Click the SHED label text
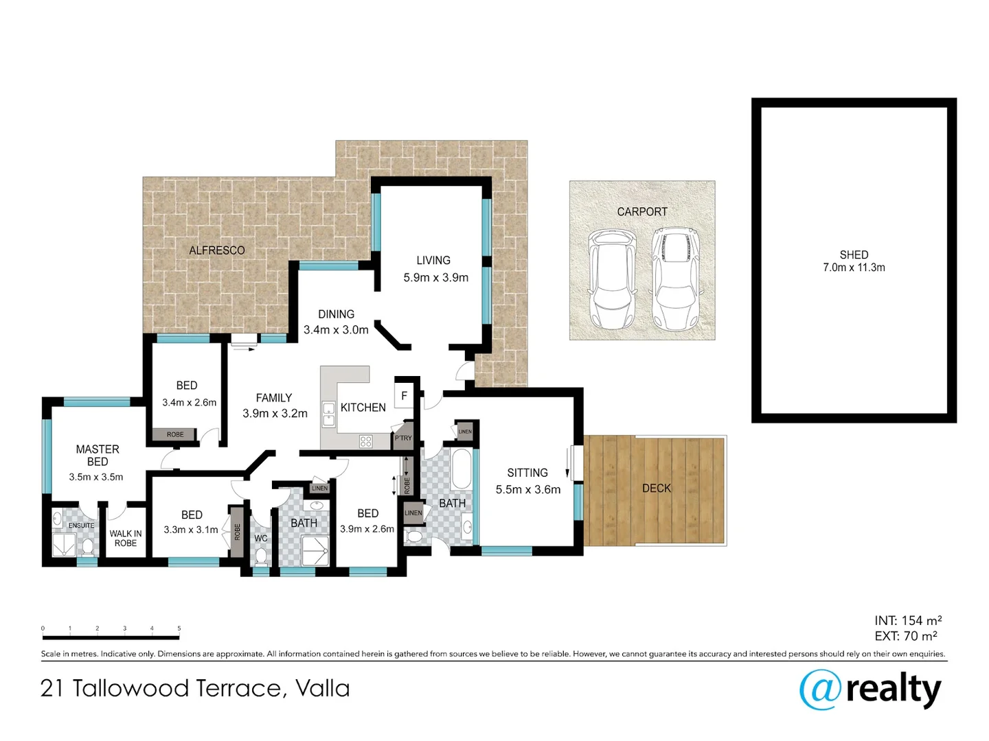854,255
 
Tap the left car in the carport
611,279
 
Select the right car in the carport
676,279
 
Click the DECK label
656,489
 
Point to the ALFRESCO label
217,250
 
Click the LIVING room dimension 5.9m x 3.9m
435,278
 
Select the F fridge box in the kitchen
404,396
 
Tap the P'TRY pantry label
403,438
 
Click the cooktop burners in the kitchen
366,442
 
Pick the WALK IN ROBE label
126,538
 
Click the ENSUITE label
81,526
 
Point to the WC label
261,539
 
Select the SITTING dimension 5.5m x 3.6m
527,490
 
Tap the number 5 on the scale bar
179,628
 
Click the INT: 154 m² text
907,620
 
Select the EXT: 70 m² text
905,636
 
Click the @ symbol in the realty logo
820,690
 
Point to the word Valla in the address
322,688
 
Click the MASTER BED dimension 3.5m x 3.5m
96,477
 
